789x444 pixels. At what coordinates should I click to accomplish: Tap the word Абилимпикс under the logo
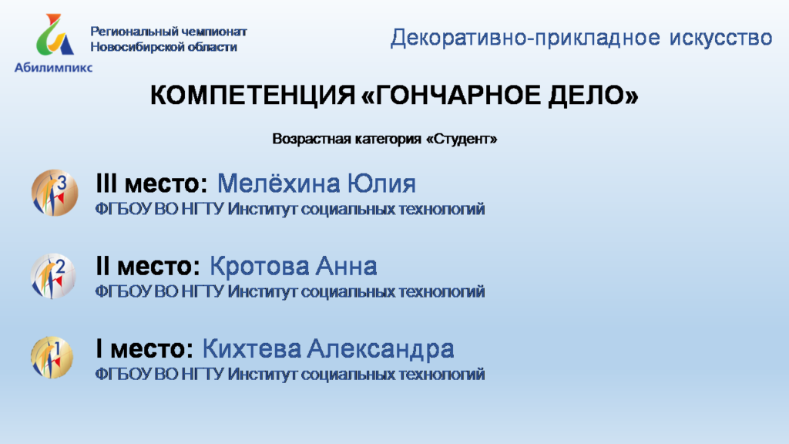(53, 68)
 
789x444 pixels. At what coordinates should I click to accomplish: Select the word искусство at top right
(720, 39)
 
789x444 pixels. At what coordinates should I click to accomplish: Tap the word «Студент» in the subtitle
(462, 139)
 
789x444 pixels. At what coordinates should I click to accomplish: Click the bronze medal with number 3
(55, 193)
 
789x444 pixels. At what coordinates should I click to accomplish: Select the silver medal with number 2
(53, 276)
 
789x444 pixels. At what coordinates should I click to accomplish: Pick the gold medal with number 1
(52, 358)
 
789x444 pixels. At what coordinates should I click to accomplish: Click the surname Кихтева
(251, 349)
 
